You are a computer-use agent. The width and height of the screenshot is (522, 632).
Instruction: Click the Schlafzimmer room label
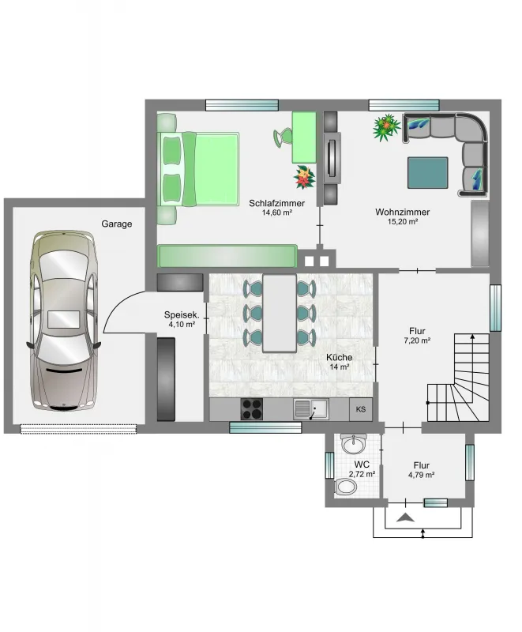(x=276, y=203)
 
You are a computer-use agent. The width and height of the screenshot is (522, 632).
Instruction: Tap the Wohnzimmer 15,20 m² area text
(x=403, y=221)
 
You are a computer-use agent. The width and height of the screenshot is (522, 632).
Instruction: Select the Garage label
(x=117, y=224)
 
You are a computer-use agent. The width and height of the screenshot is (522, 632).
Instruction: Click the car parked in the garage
(x=64, y=321)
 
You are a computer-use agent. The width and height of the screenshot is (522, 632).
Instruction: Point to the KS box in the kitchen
(x=361, y=409)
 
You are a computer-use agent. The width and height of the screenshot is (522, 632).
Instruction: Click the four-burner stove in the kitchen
(x=252, y=409)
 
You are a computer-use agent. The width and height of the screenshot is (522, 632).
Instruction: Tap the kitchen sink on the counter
(x=311, y=409)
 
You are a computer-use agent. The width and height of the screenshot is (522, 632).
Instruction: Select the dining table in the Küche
(x=280, y=313)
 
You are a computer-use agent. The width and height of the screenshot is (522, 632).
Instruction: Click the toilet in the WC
(x=345, y=487)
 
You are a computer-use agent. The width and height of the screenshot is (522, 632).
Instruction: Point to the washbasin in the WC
(x=353, y=443)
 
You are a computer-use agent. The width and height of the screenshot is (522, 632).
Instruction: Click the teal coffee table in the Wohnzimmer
(x=428, y=173)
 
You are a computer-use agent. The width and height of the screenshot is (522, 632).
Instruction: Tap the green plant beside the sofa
(x=386, y=127)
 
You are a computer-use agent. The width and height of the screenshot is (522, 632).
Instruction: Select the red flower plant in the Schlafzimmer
(x=305, y=177)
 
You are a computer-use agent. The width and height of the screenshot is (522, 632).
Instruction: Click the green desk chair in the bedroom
(x=284, y=137)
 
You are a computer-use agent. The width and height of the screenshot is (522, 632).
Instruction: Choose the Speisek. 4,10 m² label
(x=182, y=319)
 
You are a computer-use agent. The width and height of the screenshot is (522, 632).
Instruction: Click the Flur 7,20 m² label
(x=417, y=335)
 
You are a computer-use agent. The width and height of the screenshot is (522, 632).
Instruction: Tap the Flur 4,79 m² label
(x=421, y=470)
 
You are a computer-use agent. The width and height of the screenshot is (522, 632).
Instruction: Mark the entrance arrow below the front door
(x=405, y=517)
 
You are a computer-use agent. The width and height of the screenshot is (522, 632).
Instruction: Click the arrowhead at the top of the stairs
(x=473, y=337)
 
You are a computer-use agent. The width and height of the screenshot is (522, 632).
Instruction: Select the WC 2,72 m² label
(x=362, y=469)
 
